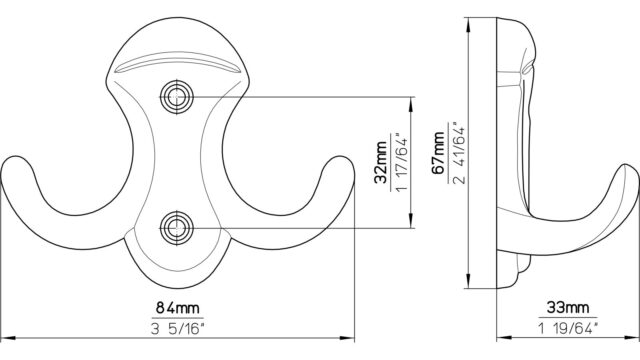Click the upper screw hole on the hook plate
(x=176, y=97)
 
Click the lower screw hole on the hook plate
(x=176, y=228)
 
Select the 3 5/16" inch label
(x=178, y=328)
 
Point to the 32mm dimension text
(x=381, y=162)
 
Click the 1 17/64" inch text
(x=400, y=162)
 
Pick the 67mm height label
(x=439, y=153)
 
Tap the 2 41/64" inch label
(x=458, y=153)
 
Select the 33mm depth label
(x=568, y=307)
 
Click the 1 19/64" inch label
(x=568, y=328)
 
